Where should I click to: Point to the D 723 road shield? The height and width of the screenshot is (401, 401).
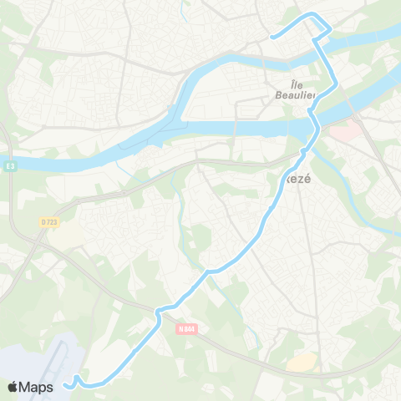point(48,221)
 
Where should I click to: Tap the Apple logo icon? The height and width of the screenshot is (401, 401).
point(14,387)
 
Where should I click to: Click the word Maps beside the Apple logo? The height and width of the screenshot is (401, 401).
point(38,387)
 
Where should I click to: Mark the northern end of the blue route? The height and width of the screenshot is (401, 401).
point(272,37)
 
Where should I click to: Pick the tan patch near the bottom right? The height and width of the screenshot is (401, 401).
point(302,362)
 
